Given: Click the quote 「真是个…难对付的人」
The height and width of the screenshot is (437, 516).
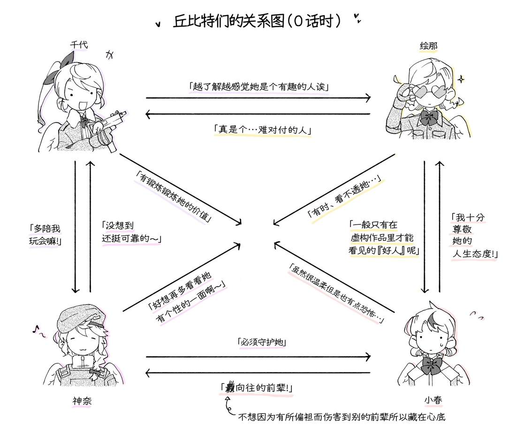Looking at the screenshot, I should [x=262, y=130].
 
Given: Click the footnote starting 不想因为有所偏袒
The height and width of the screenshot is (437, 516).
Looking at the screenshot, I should [x=341, y=416].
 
